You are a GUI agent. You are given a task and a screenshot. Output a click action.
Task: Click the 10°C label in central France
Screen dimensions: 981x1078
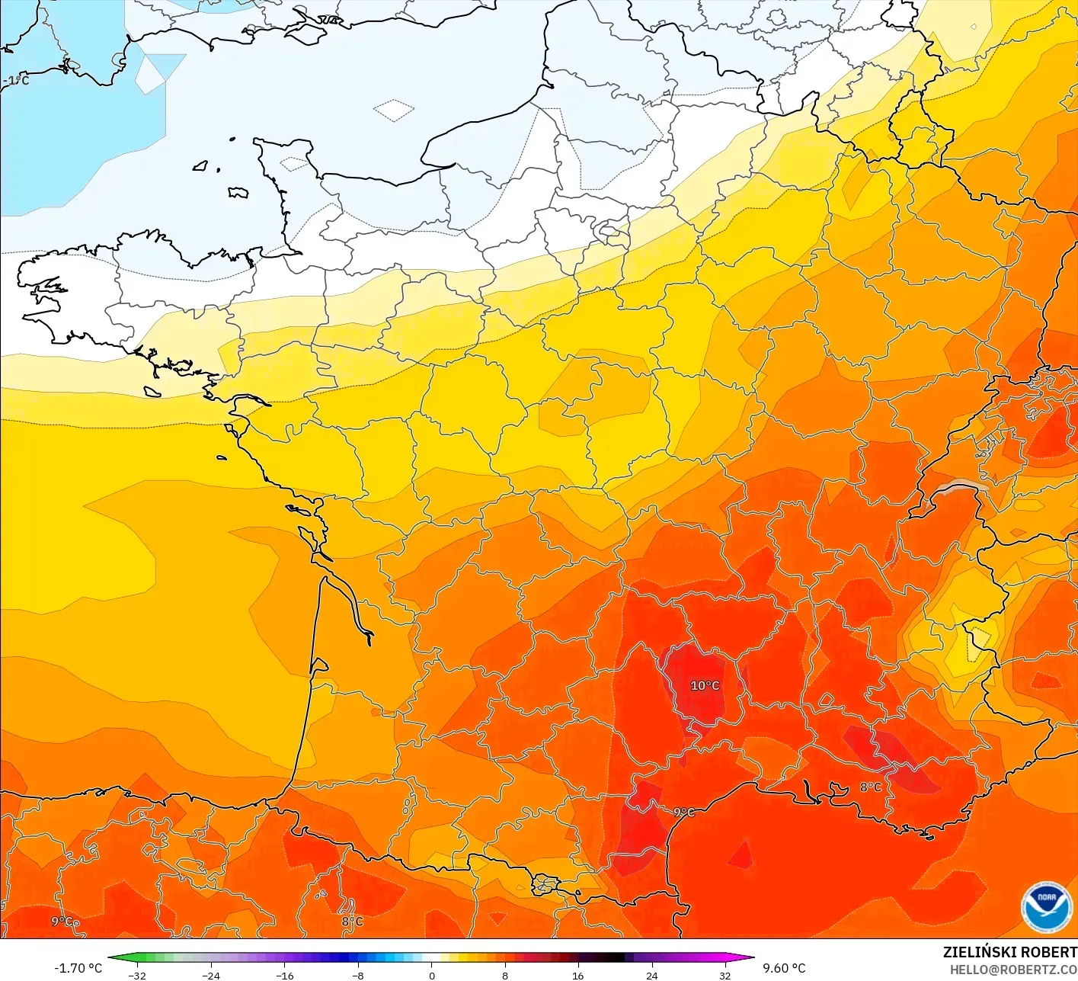click(705, 685)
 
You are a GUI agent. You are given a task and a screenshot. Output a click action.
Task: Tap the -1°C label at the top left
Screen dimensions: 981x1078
click(15, 80)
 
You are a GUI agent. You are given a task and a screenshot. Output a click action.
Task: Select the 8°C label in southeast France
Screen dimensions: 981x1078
click(870, 787)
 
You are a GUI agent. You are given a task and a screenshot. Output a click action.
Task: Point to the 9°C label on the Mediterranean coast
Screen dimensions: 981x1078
click(684, 813)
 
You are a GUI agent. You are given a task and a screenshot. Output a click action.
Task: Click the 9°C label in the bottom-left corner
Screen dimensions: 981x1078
click(63, 922)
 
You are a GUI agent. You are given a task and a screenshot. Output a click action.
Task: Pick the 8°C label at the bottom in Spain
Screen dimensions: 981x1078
click(352, 922)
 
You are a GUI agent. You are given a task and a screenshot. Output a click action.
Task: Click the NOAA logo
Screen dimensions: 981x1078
click(1046, 907)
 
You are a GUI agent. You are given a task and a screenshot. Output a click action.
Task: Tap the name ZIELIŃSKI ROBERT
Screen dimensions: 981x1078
click(1009, 952)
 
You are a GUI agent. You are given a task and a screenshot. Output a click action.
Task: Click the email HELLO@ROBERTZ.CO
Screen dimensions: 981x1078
click(1013, 969)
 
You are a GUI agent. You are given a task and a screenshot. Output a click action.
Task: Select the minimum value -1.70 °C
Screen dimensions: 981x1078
click(78, 968)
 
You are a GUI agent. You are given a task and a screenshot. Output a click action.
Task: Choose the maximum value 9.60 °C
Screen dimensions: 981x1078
click(784, 968)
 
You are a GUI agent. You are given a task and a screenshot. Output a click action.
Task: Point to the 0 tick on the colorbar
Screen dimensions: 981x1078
click(432, 975)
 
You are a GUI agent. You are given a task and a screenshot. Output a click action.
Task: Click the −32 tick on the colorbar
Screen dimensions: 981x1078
click(137, 975)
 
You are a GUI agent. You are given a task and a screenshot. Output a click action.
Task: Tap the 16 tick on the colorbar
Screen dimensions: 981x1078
click(577, 975)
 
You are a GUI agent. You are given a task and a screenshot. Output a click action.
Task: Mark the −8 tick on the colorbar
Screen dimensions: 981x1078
click(357, 975)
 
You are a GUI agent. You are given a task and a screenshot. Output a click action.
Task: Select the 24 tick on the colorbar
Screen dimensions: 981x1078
click(651, 975)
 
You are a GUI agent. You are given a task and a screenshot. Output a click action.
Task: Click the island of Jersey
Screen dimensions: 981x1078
click(238, 193)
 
